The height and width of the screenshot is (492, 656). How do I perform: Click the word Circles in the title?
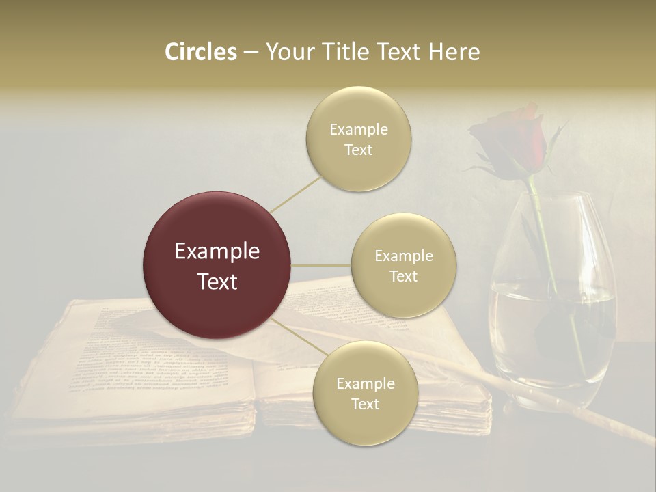(201, 52)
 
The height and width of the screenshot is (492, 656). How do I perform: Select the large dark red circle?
(217, 265)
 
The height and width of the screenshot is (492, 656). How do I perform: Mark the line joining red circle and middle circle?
(321, 265)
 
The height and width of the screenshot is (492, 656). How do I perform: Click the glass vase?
(553, 321)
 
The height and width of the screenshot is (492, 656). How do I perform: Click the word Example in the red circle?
(217, 251)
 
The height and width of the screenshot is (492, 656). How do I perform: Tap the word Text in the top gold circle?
(358, 150)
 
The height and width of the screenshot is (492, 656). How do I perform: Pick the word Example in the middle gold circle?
(404, 256)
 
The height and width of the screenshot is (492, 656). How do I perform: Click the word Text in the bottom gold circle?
(365, 404)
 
